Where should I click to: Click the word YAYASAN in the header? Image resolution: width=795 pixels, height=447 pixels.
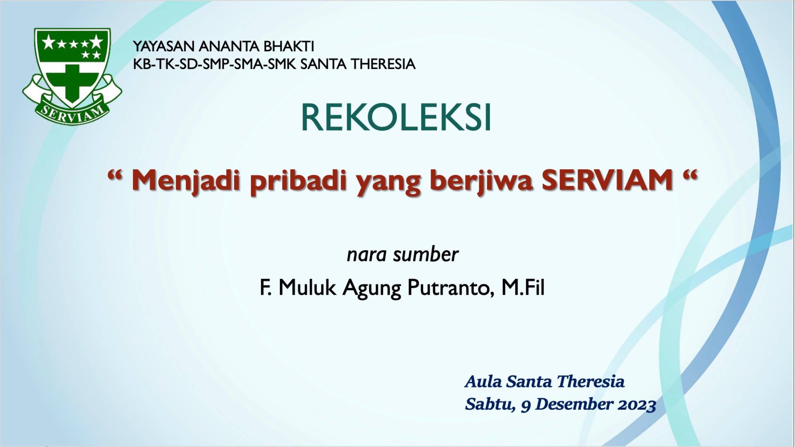[164, 46]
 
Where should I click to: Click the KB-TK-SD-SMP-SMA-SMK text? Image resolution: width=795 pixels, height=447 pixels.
[214, 64]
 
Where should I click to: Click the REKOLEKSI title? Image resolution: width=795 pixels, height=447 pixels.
[396, 118]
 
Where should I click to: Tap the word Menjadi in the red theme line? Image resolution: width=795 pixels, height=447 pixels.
[186, 181]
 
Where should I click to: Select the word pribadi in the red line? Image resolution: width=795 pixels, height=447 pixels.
[298, 181]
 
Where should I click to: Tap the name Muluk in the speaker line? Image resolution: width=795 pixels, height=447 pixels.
[307, 288]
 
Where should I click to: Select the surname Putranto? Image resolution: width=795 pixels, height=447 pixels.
[451, 288]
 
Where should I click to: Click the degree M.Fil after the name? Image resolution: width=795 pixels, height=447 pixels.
[523, 288]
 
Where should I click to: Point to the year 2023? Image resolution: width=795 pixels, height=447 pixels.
[637, 405]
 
